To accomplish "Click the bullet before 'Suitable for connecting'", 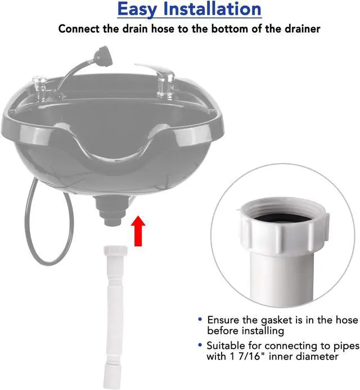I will tap(201, 345).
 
